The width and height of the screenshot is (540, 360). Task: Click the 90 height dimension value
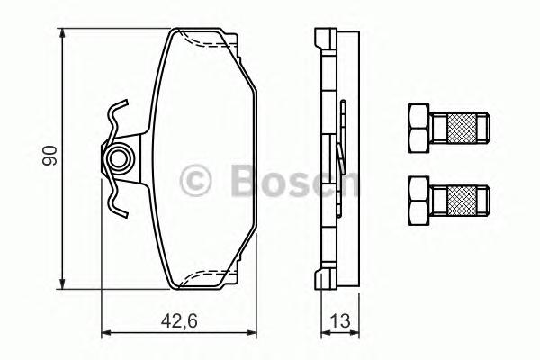[x=52, y=155]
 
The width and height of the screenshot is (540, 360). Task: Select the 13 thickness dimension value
[x=340, y=319]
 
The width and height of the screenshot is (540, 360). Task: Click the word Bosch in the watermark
[x=288, y=179]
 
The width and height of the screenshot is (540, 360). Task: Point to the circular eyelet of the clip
[x=118, y=160]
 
